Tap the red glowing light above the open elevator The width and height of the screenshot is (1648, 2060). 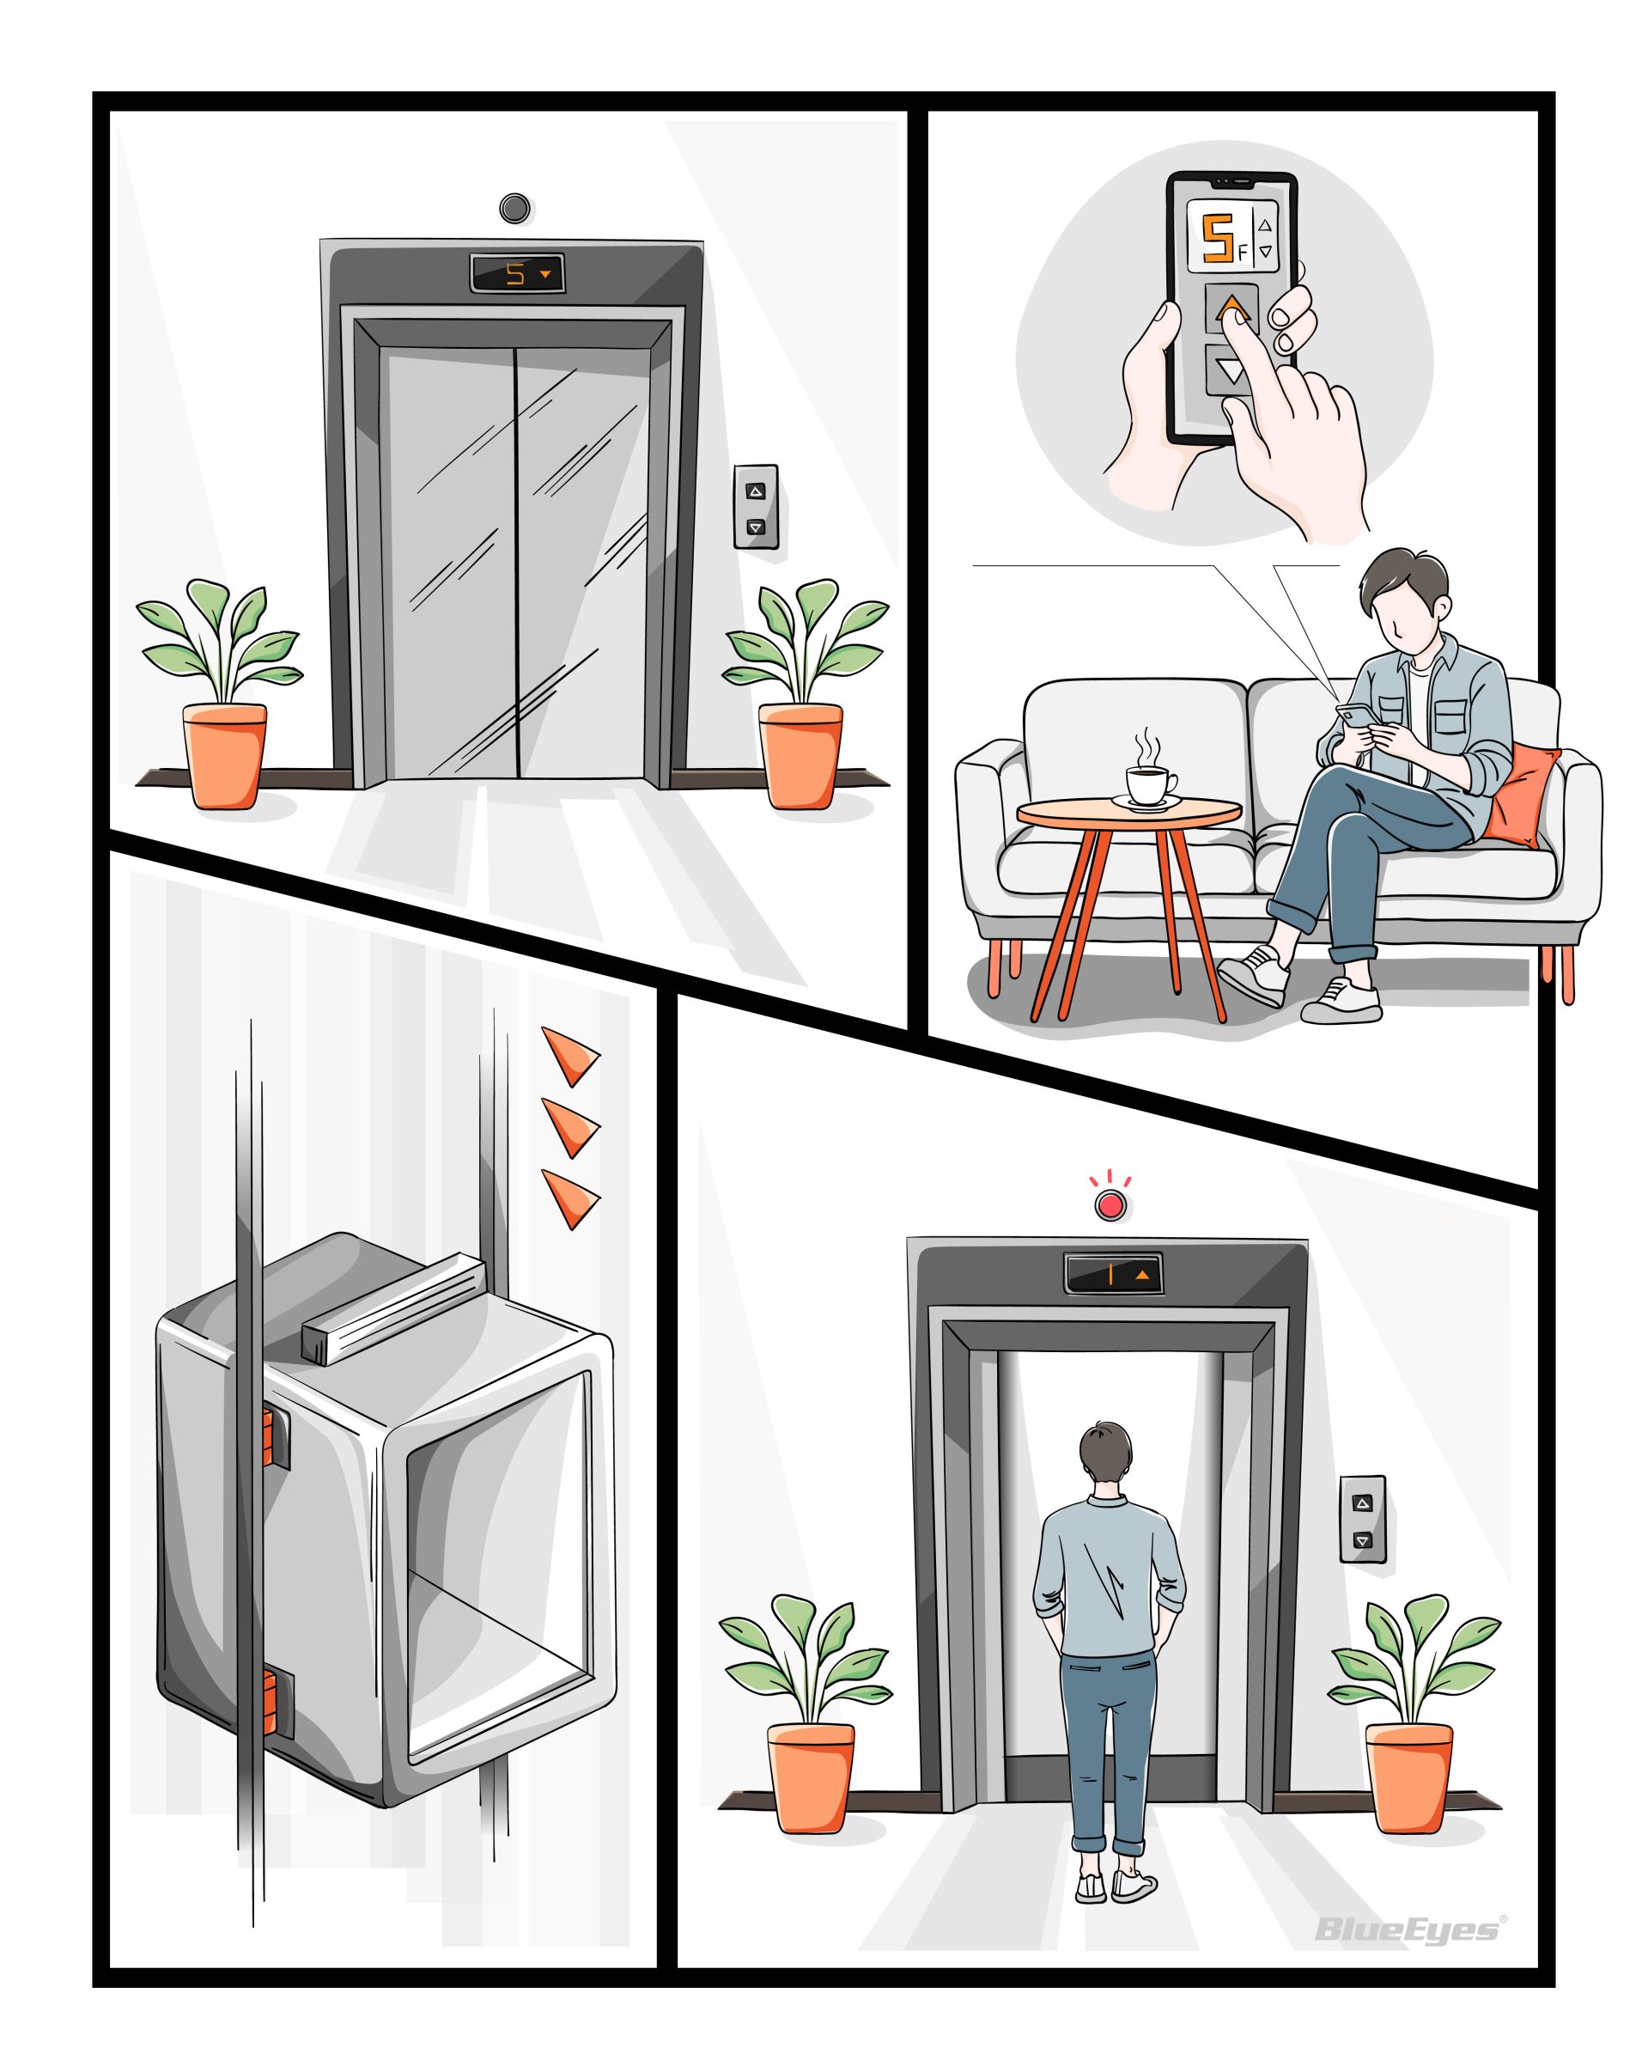tap(1110, 1206)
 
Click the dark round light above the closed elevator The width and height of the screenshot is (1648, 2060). tap(515, 207)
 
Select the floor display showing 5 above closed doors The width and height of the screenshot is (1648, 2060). tap(516, 274)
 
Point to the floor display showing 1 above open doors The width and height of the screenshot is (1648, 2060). tap(1112, 1274)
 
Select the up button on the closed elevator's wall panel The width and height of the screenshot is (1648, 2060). tap(756, 491)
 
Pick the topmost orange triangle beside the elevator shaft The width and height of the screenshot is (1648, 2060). tap(570, 1056)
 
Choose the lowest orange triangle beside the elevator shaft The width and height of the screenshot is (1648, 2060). tap(570, 1198)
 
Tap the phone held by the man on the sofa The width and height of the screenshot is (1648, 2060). tap(1352, 716)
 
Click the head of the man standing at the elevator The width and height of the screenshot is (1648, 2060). tap(1107, 1458)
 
